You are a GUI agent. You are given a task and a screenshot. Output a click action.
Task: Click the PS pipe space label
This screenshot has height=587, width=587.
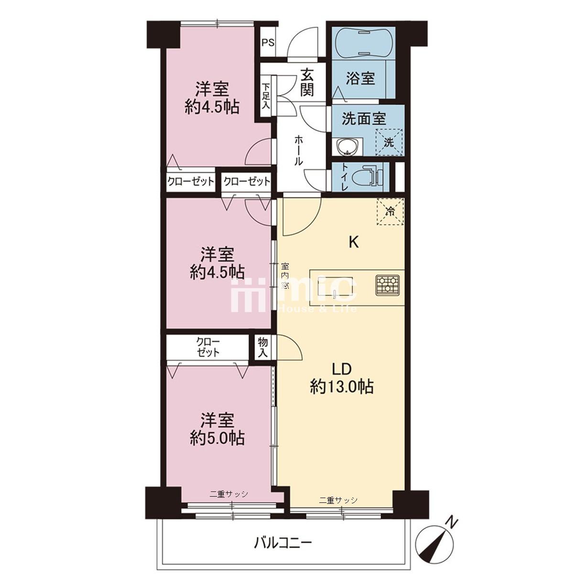click(268, 43)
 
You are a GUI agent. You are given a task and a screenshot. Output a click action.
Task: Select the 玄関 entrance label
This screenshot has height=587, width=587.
click(307, 82)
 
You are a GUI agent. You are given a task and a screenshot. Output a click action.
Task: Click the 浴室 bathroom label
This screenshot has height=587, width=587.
click(360, 78)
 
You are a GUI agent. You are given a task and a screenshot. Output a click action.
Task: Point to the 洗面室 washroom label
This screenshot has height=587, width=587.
click(364, 119)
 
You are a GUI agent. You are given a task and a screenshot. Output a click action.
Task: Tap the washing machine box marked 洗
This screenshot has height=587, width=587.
click(389, 142)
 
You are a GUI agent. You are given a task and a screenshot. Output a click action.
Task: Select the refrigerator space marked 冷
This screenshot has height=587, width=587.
click(390, 211)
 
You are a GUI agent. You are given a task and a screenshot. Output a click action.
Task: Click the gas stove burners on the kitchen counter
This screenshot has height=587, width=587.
click(388, 285)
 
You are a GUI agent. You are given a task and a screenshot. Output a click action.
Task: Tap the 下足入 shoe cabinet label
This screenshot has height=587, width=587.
click(266, 96)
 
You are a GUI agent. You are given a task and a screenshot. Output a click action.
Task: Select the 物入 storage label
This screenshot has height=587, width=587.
click(263, 348)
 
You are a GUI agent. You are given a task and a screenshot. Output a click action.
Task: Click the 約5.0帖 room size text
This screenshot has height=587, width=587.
click(217, 438)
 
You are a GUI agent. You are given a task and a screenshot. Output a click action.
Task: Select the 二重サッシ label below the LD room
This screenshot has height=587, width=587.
click(338, 500)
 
